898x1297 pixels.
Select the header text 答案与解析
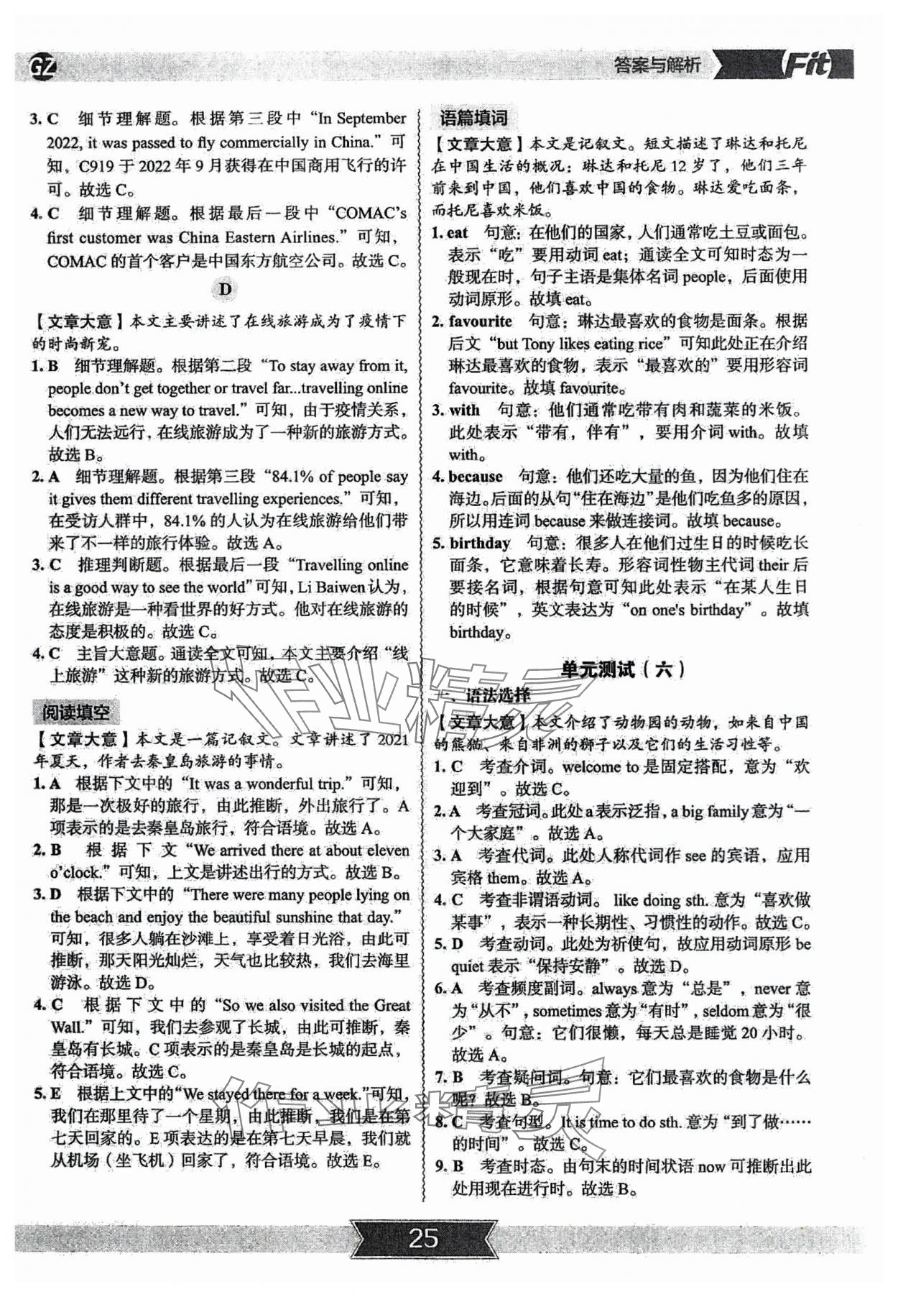pyautogui.click(x=657, y=66)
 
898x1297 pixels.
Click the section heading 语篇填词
pyautogui.click(x=474, y=119)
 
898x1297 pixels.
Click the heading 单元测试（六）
pyautogui.click(x=622, y=669)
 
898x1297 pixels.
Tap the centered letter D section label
pyautogui.click(x=226, y=289)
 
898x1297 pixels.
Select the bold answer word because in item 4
pyautogui.click(x=476, y=476)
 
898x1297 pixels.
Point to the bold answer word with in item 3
pyautogui.click(x=464, y=411)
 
